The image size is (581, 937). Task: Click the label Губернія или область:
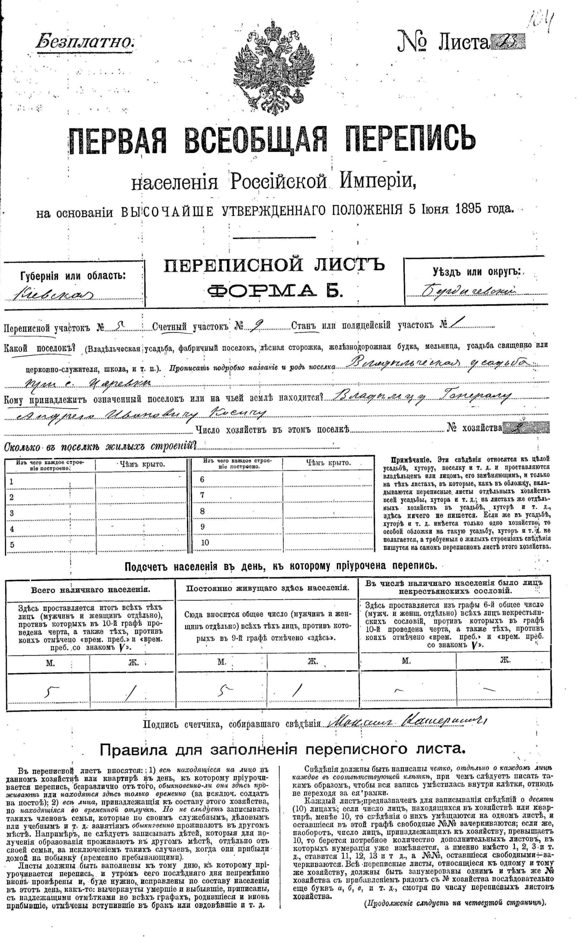pyautogui.click(x=73, y=276)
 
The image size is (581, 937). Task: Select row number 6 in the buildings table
pyautogui.click(x=203, y=479)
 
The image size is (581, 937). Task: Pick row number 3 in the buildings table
pyautogui.click(x=12, y=513)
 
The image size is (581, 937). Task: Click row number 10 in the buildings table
pyautogui.click(x=205, y=543)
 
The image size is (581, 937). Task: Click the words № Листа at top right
pyautogui.click(x=443, y=42)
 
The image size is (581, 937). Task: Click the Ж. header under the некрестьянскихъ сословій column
pyautogui.click(x=504, y=661)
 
